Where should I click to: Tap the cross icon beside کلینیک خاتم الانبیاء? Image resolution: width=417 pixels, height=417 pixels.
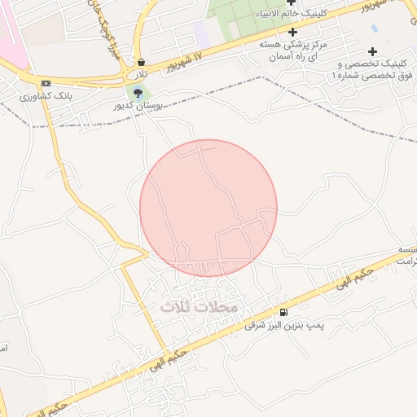click(x=292, y=2)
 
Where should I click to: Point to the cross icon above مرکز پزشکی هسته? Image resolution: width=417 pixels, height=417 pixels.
click(x=292, y=32)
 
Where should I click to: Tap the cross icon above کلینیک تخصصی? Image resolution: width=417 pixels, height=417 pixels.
click(x=373, y=50)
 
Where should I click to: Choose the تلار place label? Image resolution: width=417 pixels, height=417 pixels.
click(x=143, y=73)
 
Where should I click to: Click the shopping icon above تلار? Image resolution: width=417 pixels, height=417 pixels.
click(x=142, y=62)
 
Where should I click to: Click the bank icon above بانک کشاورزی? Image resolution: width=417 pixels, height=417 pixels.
click(x=46, y=83)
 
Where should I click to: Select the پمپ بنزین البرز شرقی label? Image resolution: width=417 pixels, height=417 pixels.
click(x=284, y=325)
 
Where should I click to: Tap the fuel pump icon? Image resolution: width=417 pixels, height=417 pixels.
click(x=283, y=312)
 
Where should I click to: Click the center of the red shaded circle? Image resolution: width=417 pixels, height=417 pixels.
click(x=208, y=208)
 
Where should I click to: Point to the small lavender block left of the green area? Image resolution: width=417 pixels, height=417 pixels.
click(x=201, y=33)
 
